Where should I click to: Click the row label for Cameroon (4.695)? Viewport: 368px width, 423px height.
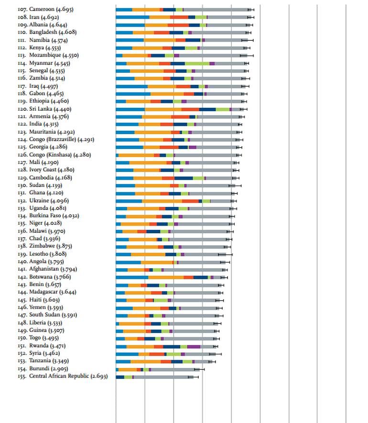39,10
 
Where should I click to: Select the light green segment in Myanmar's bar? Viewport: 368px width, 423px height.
197,63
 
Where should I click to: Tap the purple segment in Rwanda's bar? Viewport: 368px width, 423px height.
194,346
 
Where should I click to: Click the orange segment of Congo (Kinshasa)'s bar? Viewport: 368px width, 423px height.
136,155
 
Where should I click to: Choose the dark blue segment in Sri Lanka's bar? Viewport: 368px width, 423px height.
207,109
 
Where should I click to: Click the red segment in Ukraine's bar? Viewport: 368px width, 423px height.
190,201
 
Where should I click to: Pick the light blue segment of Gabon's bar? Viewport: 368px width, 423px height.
133,94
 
